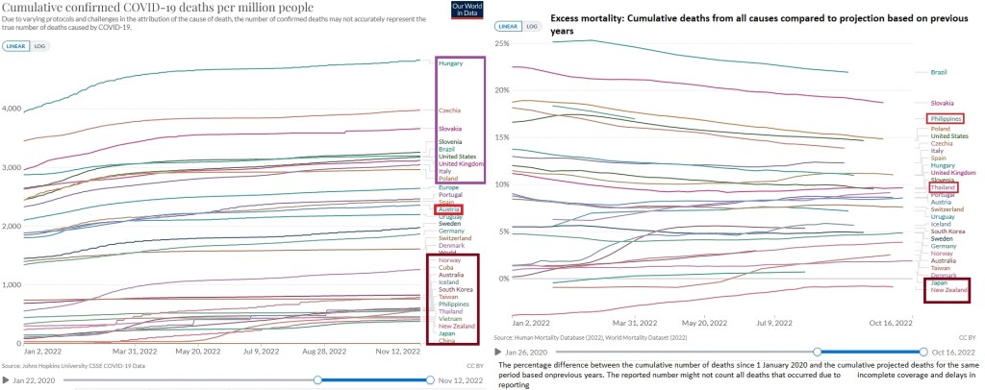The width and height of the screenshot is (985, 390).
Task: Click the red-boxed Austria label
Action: [x=448, y=209]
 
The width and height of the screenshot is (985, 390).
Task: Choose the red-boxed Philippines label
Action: [x=947, y=118]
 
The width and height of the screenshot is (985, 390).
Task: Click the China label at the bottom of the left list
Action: [x=446, y=341]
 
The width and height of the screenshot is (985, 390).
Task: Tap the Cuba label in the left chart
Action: [x=446, y=268]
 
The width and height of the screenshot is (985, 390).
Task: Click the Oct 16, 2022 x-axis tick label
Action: [x=891, y=324]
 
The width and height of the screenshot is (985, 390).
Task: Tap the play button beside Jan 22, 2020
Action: [x=7, y=380]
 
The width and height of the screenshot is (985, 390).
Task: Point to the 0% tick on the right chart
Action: [x=504, y=279]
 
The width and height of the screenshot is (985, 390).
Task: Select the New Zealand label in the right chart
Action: [x=948, y=291]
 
